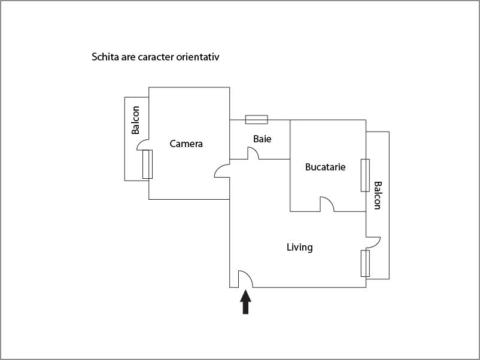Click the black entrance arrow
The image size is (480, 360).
[245, 302]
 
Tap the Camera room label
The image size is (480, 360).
[186, 144]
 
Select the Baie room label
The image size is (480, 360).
[262, 139]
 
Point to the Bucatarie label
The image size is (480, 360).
[326, 167]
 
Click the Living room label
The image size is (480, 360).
[300, 247]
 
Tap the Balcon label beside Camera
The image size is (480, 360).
[136, 120]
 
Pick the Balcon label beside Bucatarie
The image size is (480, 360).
[378, 196]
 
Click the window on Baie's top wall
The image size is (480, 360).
[257, 120]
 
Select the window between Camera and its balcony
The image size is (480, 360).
[148, 164]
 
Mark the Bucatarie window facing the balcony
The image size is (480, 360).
[365, 176]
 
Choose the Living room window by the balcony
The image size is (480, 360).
[365, 263]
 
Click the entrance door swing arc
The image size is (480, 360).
[245, 279]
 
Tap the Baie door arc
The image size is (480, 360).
[253, 153]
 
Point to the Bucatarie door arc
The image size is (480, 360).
[327, 204]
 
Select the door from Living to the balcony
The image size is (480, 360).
[373, 242]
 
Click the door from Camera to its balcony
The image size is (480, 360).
[142, 145]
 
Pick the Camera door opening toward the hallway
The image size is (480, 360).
[222, 170]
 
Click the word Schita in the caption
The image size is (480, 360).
[105, 57]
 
